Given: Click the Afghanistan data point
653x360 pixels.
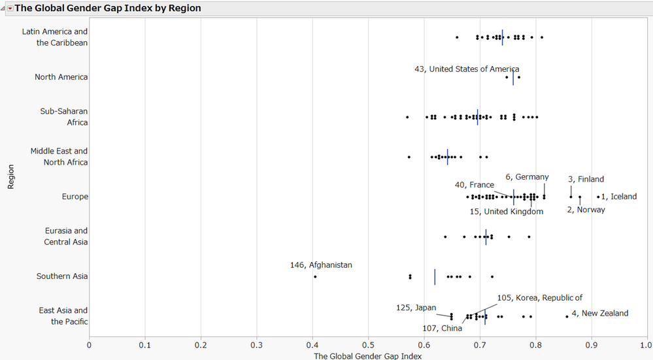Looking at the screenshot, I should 315,276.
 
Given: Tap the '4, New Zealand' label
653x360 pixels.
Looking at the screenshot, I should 599,314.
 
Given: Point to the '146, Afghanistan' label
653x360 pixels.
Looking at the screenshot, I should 321,265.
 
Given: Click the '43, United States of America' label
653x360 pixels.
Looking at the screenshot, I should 467,69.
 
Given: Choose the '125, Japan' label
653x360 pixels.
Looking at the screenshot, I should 416,308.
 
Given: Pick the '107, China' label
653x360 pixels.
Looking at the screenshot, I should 442,328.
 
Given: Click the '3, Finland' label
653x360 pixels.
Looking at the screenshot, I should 586,179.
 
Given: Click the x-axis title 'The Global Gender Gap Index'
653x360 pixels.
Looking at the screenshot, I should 368,356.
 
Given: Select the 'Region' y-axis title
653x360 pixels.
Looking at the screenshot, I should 10,176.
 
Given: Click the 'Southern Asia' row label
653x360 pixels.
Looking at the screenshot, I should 62,276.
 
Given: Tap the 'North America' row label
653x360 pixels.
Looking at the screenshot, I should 61,77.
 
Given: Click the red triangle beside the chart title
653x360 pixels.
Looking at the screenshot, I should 9,8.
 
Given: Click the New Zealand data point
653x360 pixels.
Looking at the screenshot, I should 567,316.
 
